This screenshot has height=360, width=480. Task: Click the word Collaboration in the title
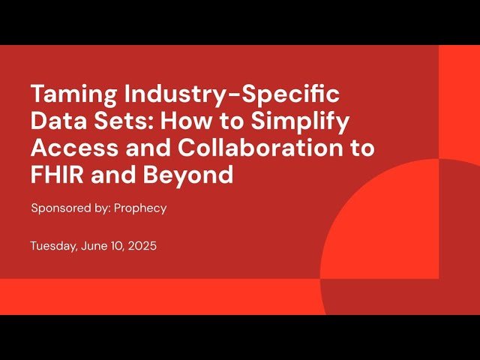(x=259, y=148)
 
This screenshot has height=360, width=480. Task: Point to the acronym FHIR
(x=55, y=175)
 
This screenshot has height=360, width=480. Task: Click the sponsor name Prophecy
(x=140, y=208)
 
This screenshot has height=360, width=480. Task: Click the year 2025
(x=142, y=246)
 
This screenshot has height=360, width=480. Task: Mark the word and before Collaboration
(x=130, y=148)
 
